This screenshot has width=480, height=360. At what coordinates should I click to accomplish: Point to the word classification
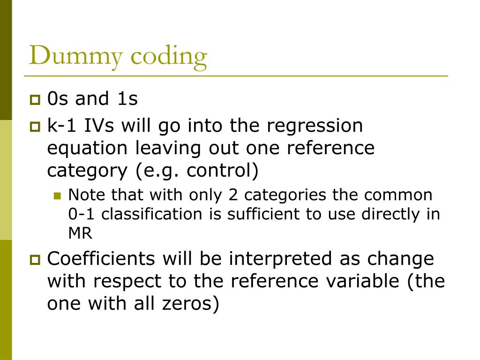point(162,214)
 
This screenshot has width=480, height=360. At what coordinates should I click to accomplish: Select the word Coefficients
point(102,259)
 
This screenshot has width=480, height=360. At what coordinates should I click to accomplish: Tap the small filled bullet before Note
point(58,195)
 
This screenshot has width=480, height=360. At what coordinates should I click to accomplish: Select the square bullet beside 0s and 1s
point(36,100)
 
